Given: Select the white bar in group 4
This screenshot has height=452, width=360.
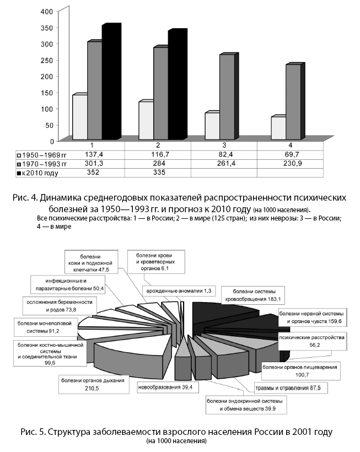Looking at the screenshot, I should [278, 128].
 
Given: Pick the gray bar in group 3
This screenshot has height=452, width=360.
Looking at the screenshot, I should [227, 97].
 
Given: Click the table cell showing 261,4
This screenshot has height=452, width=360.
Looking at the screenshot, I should [224, 164].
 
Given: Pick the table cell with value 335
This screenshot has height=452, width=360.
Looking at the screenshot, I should [158, 173].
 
